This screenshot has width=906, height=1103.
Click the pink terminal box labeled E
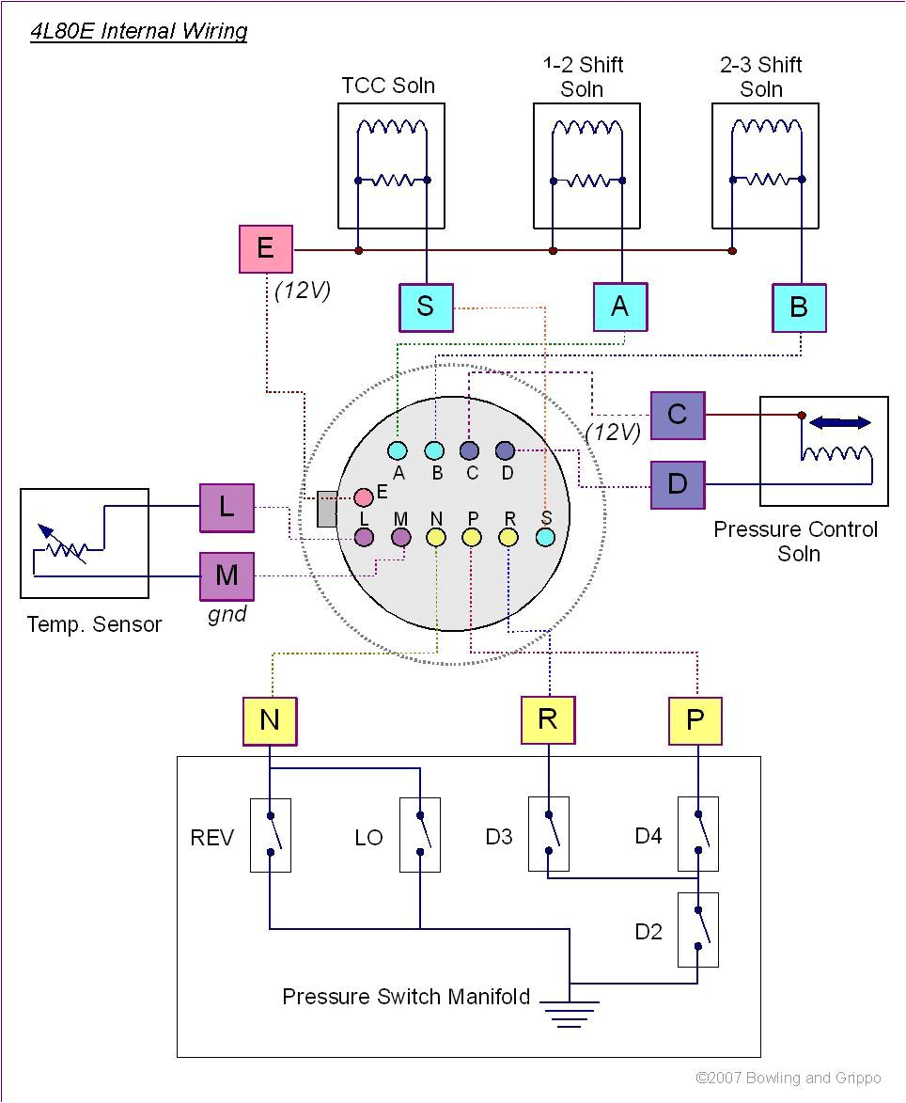[266, 249]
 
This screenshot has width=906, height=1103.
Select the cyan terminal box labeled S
[426, 307]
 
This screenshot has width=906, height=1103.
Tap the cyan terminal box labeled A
[620, 307]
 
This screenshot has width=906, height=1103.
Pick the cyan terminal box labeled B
[799, 307]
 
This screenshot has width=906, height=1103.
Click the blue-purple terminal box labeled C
[678, 415]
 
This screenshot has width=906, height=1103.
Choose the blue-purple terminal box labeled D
[678, 484]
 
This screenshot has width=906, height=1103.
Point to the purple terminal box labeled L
[226, 508]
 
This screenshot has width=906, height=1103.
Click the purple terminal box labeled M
[226, 575]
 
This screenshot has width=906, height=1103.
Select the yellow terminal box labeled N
[270, 720]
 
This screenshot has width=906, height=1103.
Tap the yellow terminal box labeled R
[548, 719]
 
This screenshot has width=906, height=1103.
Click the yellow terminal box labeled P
[695, 720]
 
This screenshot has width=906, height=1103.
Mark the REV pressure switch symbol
[270, 835]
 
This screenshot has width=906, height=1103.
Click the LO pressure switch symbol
[420, 835]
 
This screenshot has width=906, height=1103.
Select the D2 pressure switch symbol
[698, 930]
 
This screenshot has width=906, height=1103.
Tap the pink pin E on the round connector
[364, 497]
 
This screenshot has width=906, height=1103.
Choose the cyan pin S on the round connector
[545, 537]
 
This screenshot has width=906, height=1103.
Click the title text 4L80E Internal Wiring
[139, 31]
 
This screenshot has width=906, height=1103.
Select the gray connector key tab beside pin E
[327, 509]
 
